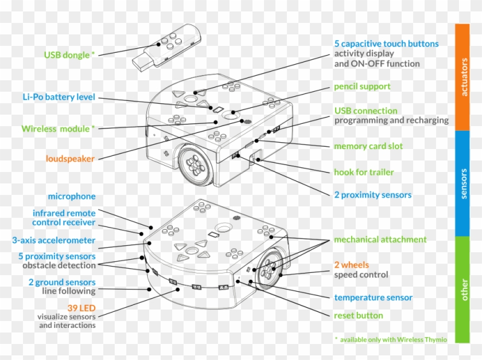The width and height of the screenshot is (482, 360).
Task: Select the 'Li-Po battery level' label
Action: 59,97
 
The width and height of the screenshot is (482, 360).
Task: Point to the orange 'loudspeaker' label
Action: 70,158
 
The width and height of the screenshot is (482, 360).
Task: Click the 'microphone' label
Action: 71,197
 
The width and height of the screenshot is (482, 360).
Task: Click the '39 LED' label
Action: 81,308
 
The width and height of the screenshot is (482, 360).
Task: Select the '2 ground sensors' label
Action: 62,282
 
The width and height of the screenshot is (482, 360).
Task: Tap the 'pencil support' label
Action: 362,87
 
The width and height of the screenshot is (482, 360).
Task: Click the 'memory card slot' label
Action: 368,146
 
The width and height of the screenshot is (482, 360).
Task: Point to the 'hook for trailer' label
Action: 364,172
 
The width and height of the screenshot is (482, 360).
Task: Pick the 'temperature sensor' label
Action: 373,298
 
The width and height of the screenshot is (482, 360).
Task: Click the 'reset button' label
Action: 358,315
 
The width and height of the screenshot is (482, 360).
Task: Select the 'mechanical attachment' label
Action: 380,240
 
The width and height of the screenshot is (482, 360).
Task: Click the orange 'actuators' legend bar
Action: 462,76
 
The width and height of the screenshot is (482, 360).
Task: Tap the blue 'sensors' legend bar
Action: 462,183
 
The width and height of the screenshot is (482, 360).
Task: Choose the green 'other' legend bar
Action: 462,289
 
